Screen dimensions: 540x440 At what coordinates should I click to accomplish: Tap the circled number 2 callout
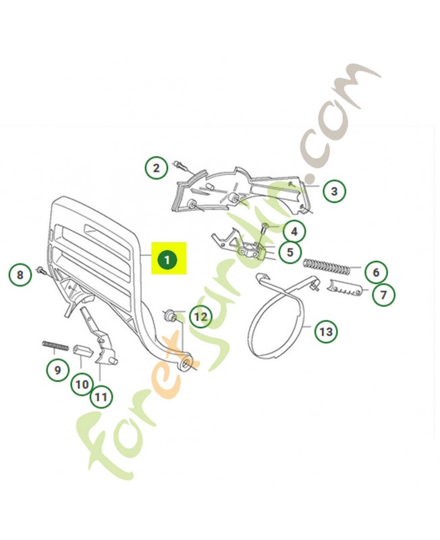pos(157,167)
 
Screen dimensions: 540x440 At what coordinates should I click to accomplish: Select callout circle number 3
pos(333,191)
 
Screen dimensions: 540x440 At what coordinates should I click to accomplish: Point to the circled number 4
pos(294,232)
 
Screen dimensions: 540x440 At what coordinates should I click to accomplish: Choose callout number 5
pos(290,252)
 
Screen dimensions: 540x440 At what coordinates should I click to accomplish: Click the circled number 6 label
pos(375,272)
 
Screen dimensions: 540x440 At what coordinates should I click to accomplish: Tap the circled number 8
pos(20,275)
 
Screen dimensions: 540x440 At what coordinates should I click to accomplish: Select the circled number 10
pos(82,384)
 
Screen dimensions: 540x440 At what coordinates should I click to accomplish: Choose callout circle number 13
pos(326,331)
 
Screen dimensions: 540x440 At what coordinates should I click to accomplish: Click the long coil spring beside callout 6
pos(327,267)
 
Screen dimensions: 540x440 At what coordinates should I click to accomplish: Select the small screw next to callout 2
pos(180,163)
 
